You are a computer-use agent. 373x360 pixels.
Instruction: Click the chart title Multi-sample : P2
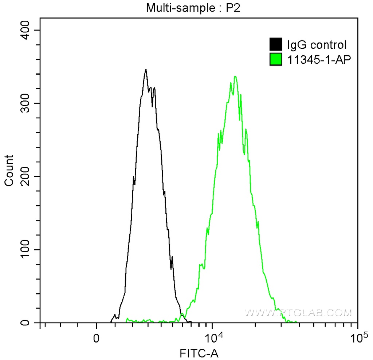coord(194,8)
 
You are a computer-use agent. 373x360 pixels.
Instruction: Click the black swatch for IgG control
coord(276,45)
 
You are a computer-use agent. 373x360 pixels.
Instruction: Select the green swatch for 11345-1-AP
coord(276,59)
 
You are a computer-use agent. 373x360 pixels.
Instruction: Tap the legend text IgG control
coord(317,45)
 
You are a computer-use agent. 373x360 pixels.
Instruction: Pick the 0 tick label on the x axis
coord(97,337)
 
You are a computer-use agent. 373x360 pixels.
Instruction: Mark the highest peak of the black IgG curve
coord(146,70)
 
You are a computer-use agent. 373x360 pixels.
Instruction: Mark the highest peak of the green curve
coord(235,76)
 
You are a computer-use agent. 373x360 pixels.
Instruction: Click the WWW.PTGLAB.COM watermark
coord(298,312)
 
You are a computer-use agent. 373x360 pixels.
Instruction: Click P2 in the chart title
coord(234,8)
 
